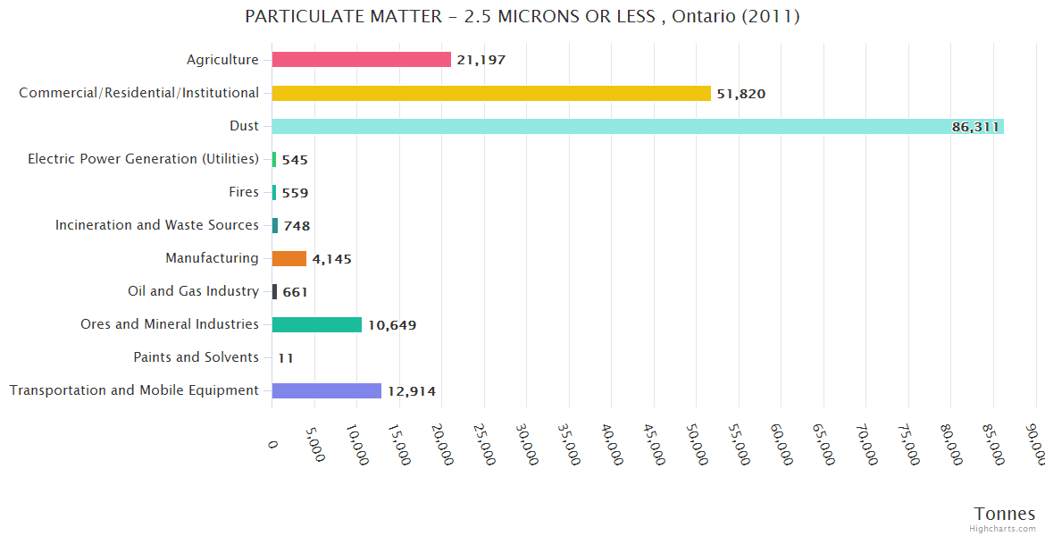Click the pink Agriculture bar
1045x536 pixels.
pos(361,60)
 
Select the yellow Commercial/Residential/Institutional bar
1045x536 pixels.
pos(491,93)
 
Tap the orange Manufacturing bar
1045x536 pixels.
pos(288,258)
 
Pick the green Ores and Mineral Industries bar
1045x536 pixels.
pos(316,324)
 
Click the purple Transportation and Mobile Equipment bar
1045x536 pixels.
pos(326,390)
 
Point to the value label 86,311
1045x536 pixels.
pos(975,127)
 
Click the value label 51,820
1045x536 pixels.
pos(741,94)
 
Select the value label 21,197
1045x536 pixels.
pos(481,61)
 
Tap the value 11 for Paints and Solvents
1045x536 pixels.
pos(286,358)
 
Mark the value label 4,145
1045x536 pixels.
pos(332,259)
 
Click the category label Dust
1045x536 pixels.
pos(244,126)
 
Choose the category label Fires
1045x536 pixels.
pos(244,192)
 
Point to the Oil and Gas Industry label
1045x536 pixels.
pos(193,291)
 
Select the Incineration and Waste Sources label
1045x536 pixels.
pos(157,225)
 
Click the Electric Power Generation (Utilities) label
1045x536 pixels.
pos(143,159)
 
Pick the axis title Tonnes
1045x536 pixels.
pos(1004,514)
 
